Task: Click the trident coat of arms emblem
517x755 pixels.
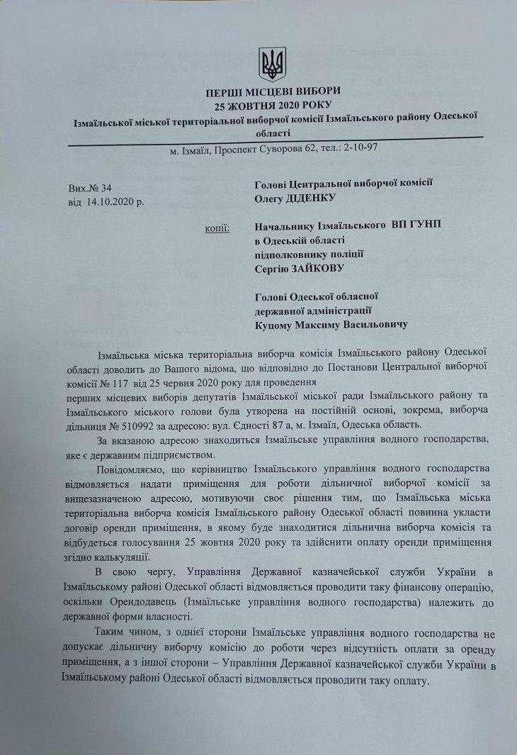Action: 272,65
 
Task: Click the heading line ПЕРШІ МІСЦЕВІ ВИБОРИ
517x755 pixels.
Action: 273,91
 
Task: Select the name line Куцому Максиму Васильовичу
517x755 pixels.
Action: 331,324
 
